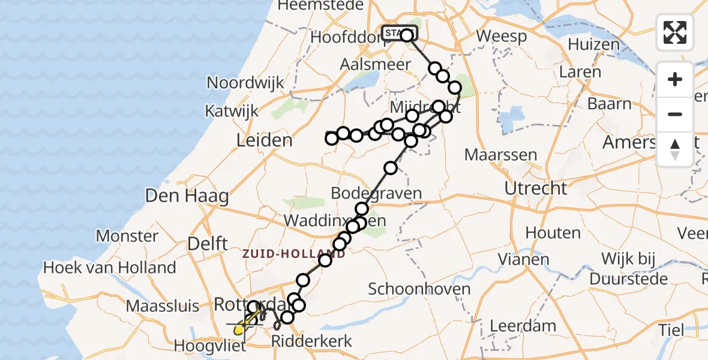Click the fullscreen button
(x=675, y=32)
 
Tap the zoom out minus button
(x=675, y=114)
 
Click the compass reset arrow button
(x=675, y=149)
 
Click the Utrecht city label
(x=536, y=188)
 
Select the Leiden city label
(x=265, y=141)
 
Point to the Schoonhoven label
(x=419, y=289)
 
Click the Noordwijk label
(x=245, y=83)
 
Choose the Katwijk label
(x=232, y=111)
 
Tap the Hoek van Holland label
(x=110, y=268)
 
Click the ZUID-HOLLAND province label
(x=294, y=254)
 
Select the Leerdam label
(x=524, y=326)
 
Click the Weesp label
(x=502, y=36)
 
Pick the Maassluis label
(x=163, y=306)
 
